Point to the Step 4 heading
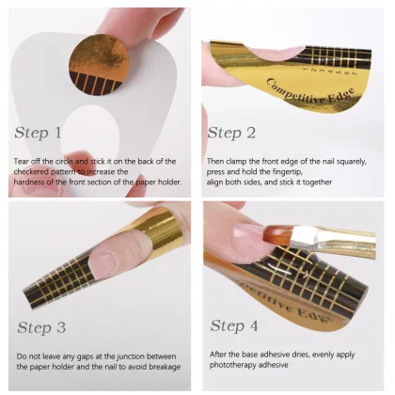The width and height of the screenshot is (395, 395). pyautogui.click(x=241, y=326)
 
